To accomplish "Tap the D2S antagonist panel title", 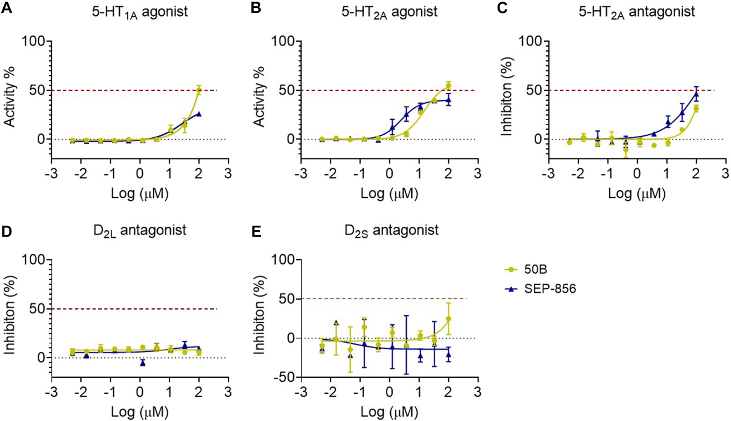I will (x=391, y=230).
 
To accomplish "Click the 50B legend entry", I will (x=535, y=270).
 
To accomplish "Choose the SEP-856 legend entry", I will (x=549, y=289).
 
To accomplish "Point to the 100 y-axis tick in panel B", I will (x=284, y=42).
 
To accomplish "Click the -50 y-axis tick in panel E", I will (x=284, y=377).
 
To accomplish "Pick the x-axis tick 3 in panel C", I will (x=725, y=173).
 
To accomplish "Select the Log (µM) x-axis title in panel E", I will (x=389, y=412).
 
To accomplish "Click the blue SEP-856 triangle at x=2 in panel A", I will (x=199, y=114).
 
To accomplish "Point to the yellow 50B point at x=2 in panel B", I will (x=448, y=86).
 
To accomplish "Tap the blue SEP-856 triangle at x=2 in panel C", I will (x=696, y=95).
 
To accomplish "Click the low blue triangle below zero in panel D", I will (x=143, y=363).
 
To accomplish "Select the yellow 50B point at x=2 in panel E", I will (x=448, y=319).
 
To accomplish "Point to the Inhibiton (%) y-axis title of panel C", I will (x=507, y=98).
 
